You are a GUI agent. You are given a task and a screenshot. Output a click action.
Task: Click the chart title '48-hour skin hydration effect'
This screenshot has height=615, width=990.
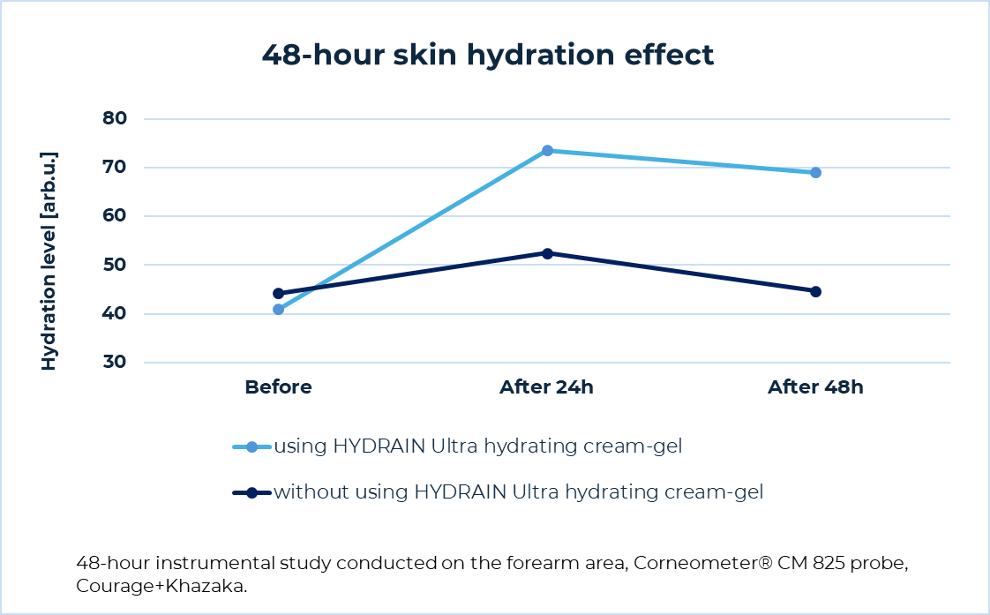coord(487,55)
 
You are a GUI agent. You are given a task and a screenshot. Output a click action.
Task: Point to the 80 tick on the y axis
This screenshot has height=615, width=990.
coord(115,118)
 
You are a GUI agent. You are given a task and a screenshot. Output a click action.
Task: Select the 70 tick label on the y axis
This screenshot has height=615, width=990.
coord(115,167)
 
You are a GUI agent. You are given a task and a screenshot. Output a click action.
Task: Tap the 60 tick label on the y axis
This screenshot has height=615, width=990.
coord(115,216)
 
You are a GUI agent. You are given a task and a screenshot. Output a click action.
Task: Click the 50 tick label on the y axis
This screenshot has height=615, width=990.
coord(115,265)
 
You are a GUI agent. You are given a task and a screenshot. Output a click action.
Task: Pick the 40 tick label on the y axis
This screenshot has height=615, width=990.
coord(115,314)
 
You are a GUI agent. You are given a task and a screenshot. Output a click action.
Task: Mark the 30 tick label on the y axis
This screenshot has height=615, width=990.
coord(115,363)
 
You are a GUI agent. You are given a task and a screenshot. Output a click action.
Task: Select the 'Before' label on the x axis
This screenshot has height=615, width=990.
coord(278,387)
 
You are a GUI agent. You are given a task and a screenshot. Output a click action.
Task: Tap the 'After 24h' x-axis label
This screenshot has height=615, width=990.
coord(547,387)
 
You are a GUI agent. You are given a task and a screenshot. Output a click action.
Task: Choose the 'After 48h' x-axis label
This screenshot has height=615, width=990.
coord(815,387)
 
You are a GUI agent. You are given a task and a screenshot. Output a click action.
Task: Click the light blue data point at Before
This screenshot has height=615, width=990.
coord(279,310)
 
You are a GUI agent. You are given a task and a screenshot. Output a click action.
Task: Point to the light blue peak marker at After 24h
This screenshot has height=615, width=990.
coord(547,151)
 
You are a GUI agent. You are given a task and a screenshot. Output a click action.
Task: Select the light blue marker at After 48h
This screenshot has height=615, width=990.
coord(815,172)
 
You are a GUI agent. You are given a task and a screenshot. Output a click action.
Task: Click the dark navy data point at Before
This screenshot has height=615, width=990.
coord(279,293)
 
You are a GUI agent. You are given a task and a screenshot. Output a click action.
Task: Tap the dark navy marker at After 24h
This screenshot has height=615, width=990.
coord(547,253)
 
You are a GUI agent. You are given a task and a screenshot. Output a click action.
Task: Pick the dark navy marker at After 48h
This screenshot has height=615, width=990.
coord(815,291)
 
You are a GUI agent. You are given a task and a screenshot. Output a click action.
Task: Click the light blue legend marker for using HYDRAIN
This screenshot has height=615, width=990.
coord(251,447)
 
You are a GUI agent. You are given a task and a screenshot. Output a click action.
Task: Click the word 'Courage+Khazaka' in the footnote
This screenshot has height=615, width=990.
coord(161,584)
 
